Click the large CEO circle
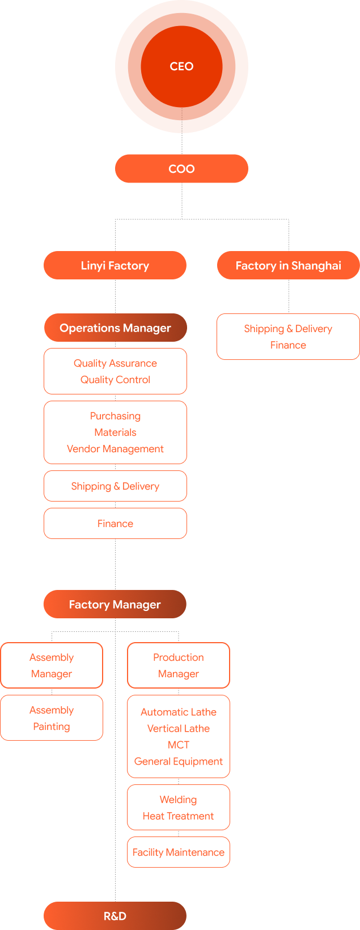tap(181, 66)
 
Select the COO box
tap(181, 169)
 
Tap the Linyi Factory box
tap(115, 266)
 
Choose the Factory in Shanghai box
tap(288, 266)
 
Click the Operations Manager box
tap(115, 328)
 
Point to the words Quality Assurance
tap(115, 363)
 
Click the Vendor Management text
tap(115, 449)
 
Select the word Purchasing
tap(115, 416)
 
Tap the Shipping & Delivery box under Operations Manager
tap(115, 486)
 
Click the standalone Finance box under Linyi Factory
tap(115, 524)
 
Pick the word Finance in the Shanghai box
tap(288, 345)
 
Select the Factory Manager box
tap(115, 605)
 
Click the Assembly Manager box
tap(52, 665)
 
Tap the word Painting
tap(52, 727)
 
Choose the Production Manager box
tap(179, 665)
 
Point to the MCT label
tap(179, 745)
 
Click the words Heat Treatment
tap(179, 816)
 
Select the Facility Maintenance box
tap(179, 852)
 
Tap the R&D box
tap(115, 916)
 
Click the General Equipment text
tap(179, 761)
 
